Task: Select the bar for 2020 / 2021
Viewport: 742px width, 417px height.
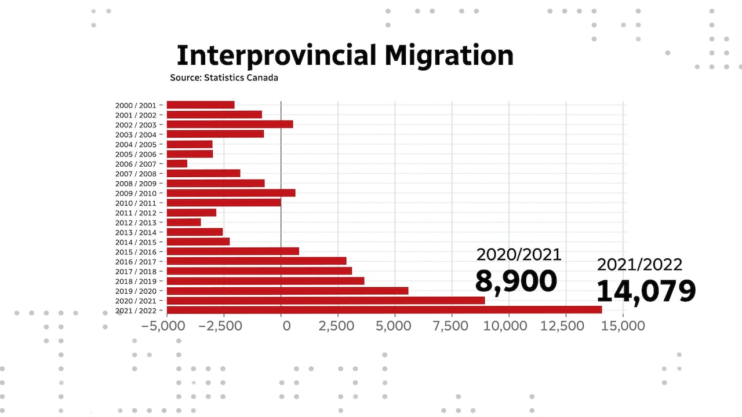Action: coord(325,300)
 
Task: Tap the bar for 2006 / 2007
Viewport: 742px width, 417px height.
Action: coord(177,163)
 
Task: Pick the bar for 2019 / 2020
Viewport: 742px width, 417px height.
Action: coord(287,290)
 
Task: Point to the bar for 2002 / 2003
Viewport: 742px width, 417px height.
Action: coord(230,124)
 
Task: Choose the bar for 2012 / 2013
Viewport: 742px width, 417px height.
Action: coord(183,222)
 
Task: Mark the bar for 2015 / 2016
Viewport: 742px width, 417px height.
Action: coord(232,251)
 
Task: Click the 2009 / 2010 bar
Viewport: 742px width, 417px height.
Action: coord(231,193)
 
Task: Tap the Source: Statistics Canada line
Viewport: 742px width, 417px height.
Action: coord(224,78)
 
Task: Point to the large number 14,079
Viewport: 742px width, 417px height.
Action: coord(646,290)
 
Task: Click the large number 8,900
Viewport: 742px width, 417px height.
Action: coord(516,281)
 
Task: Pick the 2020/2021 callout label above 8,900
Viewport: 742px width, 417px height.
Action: coord(519,254)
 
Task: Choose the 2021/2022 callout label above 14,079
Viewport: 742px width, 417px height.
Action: coord(640,265)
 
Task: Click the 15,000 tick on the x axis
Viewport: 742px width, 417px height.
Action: coord(623,325)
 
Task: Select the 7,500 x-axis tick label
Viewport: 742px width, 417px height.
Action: coord(452,325)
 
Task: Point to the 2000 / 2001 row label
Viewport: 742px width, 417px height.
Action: coord(136,105)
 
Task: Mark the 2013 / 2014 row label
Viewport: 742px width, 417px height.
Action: coord(136,232)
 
